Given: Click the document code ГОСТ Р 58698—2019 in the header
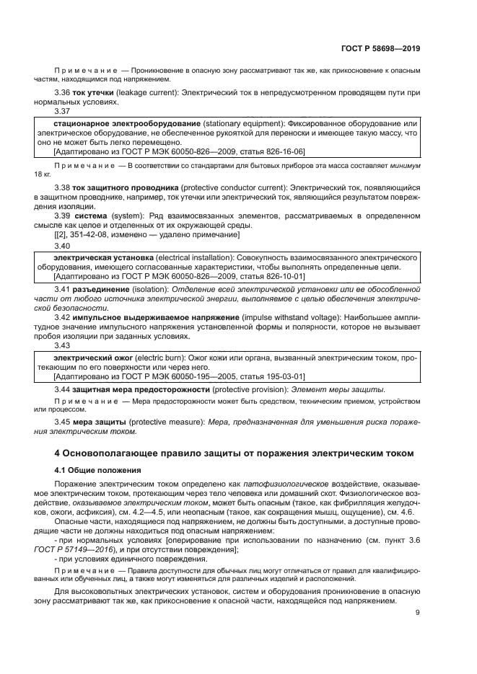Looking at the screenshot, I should coord(380,49).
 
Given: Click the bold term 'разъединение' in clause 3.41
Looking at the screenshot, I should coord(101,289).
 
